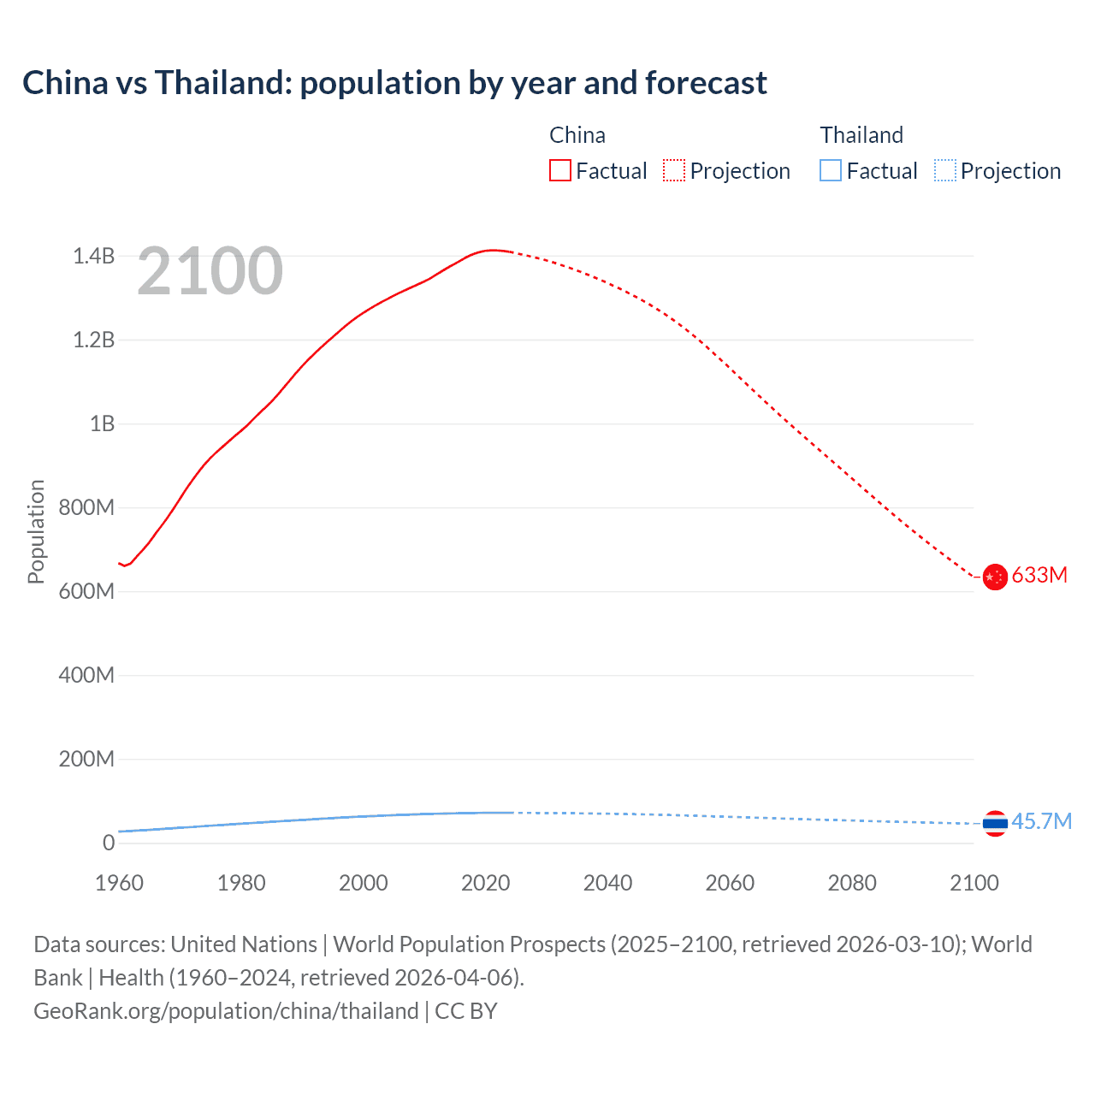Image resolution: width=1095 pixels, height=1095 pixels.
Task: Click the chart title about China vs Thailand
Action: (394, 83)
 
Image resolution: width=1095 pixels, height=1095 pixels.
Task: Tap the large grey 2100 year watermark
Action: (210, 271)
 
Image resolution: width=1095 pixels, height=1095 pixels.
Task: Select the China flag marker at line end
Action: (994, 577)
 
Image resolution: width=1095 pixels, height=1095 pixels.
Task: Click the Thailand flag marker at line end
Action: (994, 823)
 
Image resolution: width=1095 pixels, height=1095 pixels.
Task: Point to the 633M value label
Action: (1039, 575)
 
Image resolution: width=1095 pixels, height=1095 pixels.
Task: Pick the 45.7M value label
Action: (1041, 821)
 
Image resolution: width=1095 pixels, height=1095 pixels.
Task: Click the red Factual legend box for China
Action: (560, 171)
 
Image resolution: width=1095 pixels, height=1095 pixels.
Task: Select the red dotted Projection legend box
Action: (674, 171)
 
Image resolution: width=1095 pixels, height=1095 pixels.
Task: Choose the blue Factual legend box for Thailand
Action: (831, 171)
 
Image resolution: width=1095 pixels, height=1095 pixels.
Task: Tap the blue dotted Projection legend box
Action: (944, 171)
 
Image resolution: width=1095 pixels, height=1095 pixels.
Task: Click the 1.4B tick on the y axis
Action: (93, 256)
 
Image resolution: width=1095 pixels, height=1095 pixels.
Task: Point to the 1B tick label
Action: (102, 423)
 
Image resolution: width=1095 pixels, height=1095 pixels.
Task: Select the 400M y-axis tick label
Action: (86, 675)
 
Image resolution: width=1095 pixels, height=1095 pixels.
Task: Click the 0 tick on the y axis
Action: (109, 843)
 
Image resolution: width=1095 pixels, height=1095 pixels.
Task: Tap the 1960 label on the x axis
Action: (119, 883)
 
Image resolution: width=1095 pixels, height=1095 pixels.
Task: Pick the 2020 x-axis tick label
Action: (485, 883)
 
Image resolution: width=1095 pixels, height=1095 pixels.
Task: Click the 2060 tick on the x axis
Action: (730, 883)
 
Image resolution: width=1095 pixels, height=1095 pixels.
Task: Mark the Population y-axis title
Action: (36, 531)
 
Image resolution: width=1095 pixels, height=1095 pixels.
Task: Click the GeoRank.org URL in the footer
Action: (226, 1011)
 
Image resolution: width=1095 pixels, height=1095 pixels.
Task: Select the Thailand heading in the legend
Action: (861, 135)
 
